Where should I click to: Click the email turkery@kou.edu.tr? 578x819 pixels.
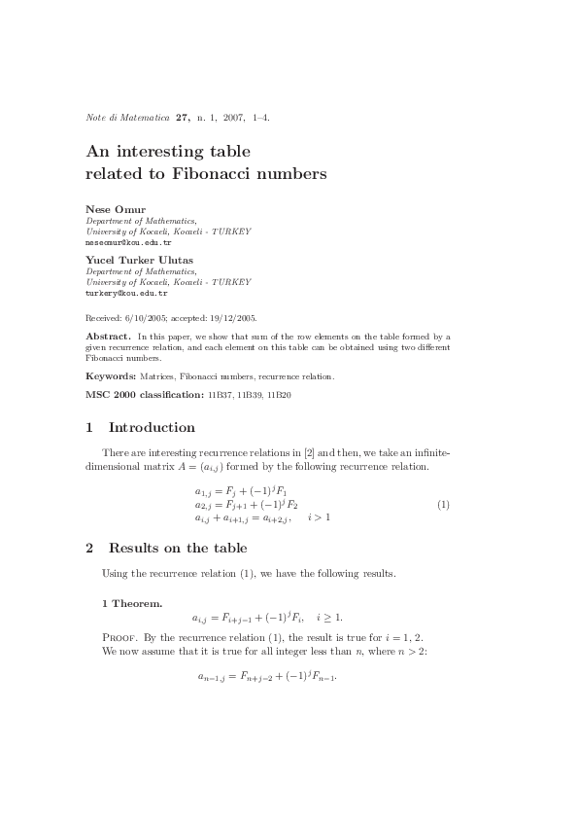pos(126,293)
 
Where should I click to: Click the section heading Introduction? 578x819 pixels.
pos(152,428)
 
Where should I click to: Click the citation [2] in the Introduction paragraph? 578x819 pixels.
pos(336,453)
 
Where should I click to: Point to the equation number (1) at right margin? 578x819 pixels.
pos(443,505)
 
